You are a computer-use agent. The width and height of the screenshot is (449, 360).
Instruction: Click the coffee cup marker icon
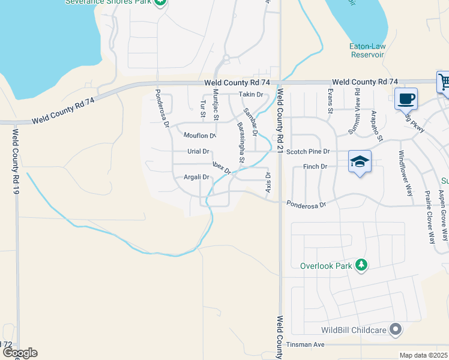pyautogui.click(x=406, y=98)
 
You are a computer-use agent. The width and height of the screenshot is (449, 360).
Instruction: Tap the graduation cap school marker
pyautogui.click(x=360, y=161)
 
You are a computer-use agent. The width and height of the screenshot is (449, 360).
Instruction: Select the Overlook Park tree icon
pyautogui.click(x=361, y=265)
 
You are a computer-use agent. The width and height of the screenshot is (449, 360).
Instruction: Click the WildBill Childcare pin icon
pyautogui.click(x=395, y=329)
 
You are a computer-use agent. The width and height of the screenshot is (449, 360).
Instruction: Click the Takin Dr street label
pyautogui.click(x=251, y=95)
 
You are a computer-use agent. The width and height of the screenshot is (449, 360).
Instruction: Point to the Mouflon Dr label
pyautogui.click(x=199, y=135)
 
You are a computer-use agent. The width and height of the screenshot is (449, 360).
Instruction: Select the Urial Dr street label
pyautogui.click(x=198, y=152)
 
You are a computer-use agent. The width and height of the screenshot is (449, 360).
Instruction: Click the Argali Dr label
pyautogui.click(x=196, y=177)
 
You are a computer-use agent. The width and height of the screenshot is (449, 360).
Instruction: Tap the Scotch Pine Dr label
pyautogui.click(x=308, y=152)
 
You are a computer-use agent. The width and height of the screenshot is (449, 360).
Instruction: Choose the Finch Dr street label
pyautogui.click(x=315, y=166)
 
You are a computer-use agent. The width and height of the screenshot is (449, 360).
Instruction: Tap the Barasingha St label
pyautogui.click(x=240, y=142)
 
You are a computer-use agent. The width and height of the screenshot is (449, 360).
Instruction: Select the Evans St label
pyautogui.click(x=330, y=100)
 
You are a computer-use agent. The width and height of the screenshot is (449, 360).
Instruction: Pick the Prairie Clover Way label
pyautogui.click(x=429, y=217)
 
